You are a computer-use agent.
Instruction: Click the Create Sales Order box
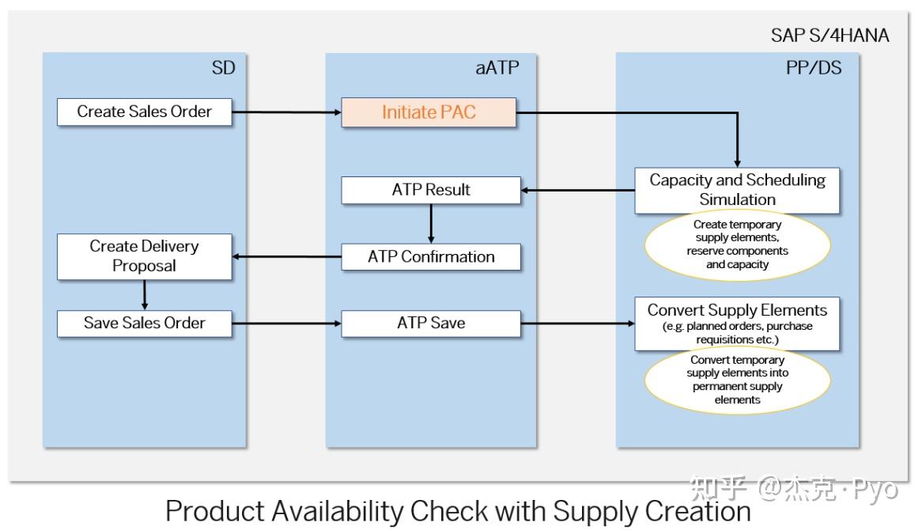pyautogui.click(x=145, y=112)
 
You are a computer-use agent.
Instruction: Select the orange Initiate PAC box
pyautogui.click(x=429, y=112)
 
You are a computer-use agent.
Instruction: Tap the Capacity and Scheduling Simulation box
pyautogui.click(x=737, y=190)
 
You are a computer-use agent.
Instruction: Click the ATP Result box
pyautogui.click(x=431, y=190)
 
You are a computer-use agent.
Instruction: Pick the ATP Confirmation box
pyautogui.click(x=431, y=257)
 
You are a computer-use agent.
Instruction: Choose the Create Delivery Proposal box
pyautogui.click(x=145, y=256)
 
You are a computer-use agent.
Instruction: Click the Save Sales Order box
pyautogui.click(x=145, y=324)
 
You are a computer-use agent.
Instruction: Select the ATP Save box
pyautogui.click(x=431, y=324)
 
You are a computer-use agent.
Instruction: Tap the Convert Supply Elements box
pyautogui.click(x=737, y=323)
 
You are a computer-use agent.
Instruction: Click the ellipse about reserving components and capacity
pyautogui.click(x=737, y=244)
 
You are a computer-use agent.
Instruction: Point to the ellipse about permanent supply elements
pyautogui.click(x=737, y=380)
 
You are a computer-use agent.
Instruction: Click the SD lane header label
pyautogui.click(x=223, y=69)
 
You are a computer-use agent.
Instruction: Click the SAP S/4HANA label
pyautogui.click(x=829, y=36)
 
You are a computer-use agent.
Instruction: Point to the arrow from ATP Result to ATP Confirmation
pyautogui.click(x=431, y=223)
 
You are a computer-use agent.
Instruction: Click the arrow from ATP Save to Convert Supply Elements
pyautogui.click(x=577, y=324)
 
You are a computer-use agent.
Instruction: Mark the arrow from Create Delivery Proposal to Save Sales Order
pyautogui.click(x=145, y=295)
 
